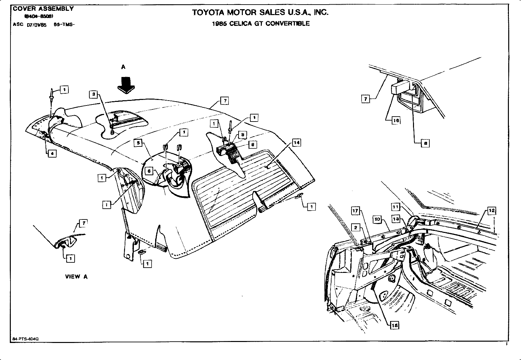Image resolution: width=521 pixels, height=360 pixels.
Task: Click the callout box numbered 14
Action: pos(296,142)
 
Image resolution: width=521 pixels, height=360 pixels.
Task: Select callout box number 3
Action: pos(94,95)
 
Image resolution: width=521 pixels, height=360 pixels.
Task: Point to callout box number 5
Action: pos(138,143)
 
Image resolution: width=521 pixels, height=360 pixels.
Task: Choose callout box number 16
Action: pos(396,121)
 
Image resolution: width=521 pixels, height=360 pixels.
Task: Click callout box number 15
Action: pos(395,325)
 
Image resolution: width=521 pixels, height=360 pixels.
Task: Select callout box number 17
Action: pos(356,211)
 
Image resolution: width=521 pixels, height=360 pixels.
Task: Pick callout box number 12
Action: pos(492,211)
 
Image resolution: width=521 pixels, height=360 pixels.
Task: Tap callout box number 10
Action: pos(377,219)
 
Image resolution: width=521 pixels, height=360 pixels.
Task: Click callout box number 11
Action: pos(396,207)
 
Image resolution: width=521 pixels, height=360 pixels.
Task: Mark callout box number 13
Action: pos(396,219)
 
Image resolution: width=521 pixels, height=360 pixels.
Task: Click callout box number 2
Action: pos(356,227)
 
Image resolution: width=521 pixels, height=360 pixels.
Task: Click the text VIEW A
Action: pos(76,276)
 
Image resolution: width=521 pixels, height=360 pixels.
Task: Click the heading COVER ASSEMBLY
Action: pos(43,9)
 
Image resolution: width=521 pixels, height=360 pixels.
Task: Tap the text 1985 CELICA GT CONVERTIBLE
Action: pos(260,24)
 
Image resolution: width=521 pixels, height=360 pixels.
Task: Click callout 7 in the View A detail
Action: pos(84,223)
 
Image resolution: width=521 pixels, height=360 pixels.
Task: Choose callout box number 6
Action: pos(149,171)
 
